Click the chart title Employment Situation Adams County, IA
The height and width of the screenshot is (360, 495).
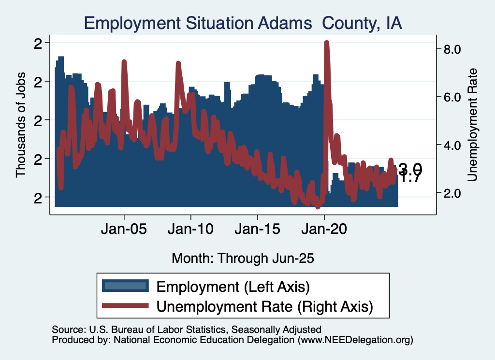coord(243,23)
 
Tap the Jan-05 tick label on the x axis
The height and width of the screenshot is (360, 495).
coord(124,229)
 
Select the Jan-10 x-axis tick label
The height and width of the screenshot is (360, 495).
coord(191,229)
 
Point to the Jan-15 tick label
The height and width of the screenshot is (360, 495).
coord(258,229)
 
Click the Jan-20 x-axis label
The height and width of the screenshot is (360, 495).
coord(324,229)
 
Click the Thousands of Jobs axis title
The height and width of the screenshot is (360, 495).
coord(21,124)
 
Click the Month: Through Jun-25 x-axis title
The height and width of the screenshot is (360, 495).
coord(243,258)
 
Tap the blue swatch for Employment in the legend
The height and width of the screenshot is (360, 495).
coord(125,286)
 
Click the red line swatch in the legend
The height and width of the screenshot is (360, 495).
coord(125,305)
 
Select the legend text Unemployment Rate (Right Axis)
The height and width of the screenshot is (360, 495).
coord(265,305)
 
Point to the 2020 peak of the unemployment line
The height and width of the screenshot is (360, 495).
coord(326,43)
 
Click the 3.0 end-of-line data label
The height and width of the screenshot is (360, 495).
coord(410,169)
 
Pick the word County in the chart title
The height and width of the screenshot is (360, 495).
coord(347,23)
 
